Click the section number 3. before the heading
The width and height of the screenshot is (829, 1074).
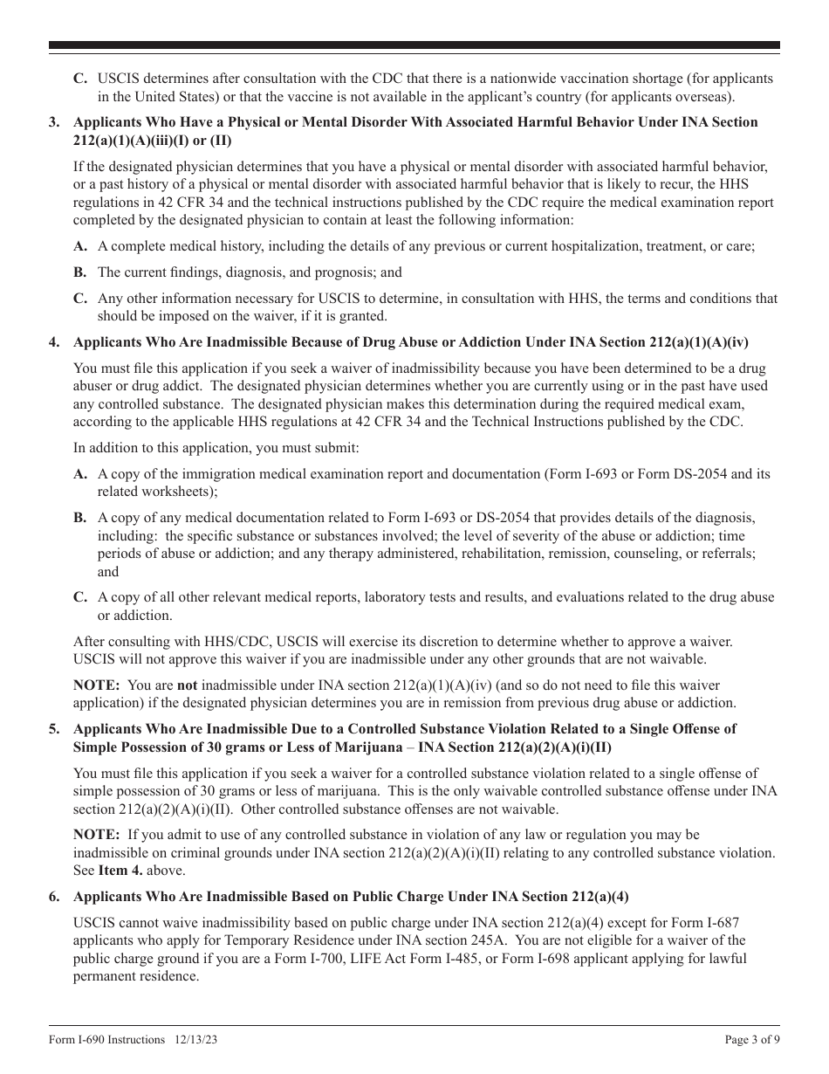point(54,122)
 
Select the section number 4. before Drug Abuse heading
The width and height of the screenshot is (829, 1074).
point(54,342)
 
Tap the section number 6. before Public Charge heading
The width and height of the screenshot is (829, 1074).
point(54,896)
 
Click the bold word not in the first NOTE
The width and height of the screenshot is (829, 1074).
point(187,685)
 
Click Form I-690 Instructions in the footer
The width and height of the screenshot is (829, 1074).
point(106,1040)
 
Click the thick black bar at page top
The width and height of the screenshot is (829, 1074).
point(414,45)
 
